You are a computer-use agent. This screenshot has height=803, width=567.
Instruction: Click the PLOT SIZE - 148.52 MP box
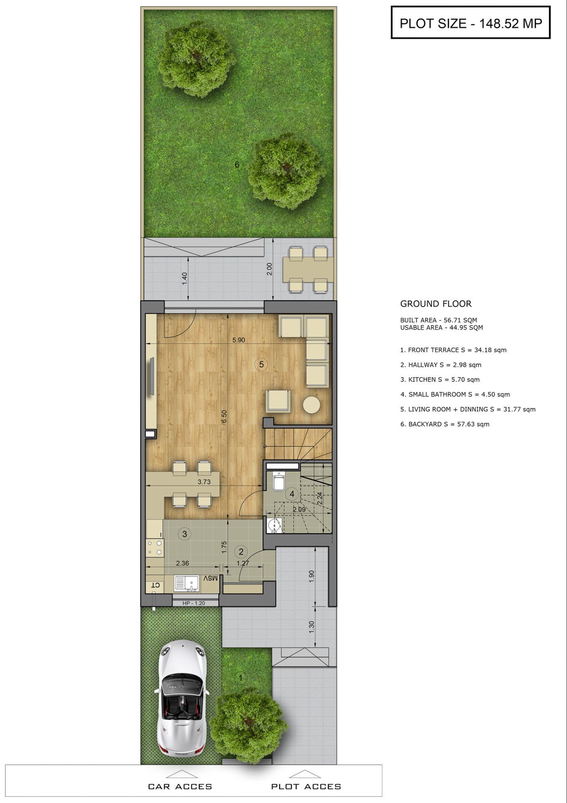[x=470, y=23]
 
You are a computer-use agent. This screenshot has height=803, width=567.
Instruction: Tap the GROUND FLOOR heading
[x=436, y=304]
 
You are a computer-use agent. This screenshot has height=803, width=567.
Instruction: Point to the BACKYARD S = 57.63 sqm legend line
[x=445, y=424]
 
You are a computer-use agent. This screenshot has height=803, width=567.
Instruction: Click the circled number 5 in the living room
[x=261, y=364]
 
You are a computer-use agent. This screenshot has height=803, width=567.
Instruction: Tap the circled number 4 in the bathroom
[x=292, y=494]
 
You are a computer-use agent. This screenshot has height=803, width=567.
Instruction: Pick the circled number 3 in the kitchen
[x=184, y=534]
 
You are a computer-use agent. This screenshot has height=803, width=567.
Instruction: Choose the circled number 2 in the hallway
[x=241, y=552]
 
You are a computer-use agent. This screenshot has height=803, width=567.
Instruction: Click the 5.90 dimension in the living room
[x=239, y=340]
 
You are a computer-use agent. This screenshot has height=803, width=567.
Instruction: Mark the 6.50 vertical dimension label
[x=224, y=417]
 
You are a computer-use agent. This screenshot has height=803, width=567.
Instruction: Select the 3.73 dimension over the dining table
[x=204, y=482]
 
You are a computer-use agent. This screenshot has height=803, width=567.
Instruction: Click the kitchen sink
[x=186, y=583]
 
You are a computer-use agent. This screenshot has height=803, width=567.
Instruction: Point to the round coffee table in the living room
[x=312, y=405]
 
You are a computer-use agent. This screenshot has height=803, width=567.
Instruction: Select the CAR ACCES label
[x=180, y=787]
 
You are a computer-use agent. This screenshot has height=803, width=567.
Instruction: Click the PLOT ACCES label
[x=306, y=787]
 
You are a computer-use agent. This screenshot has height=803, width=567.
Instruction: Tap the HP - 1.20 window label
[x=194, y=603]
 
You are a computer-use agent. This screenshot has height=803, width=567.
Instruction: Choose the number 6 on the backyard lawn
[x=237, y=165]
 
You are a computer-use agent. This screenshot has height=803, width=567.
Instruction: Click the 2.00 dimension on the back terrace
[x=270, y=269]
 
